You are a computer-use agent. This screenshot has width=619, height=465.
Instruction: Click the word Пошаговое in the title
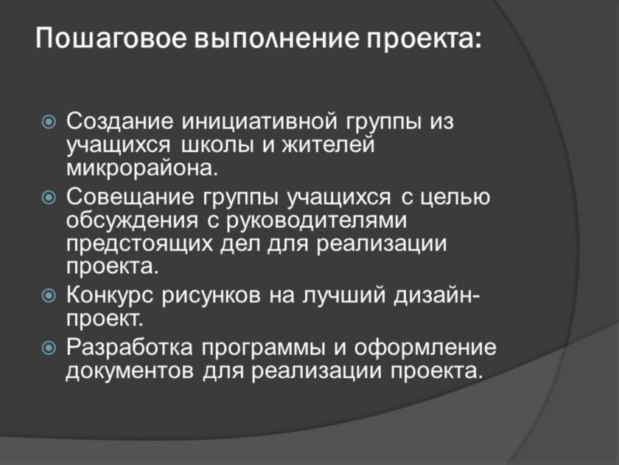point(111,38)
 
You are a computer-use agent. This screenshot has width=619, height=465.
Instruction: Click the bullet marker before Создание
point(49,123)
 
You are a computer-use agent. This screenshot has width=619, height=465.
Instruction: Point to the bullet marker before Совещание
point(49,197)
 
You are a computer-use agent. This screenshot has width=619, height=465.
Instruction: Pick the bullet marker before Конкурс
point(49,295)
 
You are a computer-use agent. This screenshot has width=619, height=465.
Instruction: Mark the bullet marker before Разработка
point(49,348)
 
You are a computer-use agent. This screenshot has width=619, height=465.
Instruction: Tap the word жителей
point(328,145)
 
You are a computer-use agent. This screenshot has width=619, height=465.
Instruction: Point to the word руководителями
point(317,220)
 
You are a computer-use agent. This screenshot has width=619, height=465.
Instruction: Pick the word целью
point(455,197)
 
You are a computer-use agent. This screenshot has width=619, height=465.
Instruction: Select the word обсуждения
point(132,220)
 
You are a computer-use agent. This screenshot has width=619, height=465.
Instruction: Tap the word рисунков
point(211,295)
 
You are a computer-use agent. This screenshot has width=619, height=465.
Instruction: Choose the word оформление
point(424,348)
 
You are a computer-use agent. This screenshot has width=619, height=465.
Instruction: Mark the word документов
point(130,371)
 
